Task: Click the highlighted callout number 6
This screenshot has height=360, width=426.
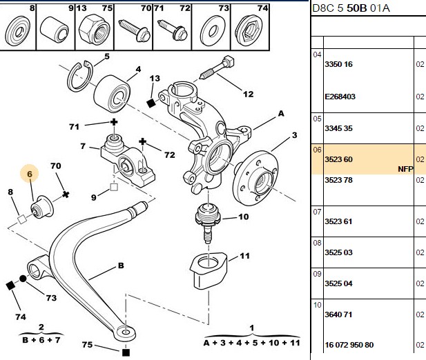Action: [30, 174]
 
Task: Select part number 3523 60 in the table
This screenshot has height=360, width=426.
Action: [338, 159]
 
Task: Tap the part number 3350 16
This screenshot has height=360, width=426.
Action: [338, 64]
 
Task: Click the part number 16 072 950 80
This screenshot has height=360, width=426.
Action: [349, 345]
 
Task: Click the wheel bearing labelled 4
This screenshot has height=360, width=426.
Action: [112, 94]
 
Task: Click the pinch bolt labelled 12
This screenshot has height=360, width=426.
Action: [217, 68]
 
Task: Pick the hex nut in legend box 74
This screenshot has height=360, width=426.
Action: [249, 31]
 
